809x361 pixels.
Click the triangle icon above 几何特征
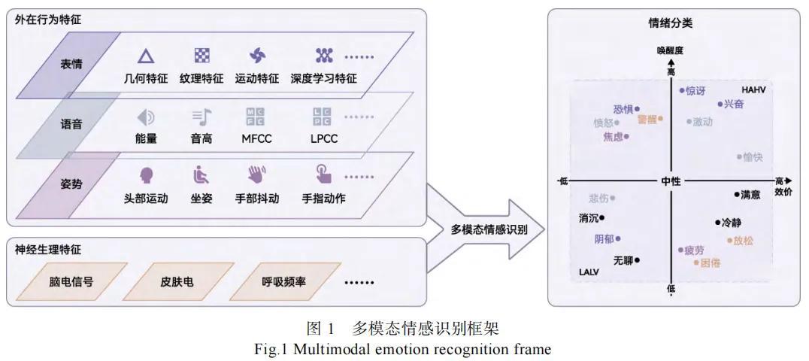[146, 55]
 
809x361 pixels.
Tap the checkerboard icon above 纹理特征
[201, 55]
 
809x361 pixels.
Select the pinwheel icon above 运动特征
[257, 55]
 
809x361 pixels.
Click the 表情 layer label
[71, 64]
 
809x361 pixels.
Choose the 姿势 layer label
[71, 184]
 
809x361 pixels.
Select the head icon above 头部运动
[146, 175]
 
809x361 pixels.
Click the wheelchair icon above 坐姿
[201, 175]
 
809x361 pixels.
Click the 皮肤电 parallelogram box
[177, 282]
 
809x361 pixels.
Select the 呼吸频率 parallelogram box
[283, 282]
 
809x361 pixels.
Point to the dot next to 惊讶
[682, 91]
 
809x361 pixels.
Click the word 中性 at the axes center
[671, 181]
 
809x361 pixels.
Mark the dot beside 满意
[736, 194]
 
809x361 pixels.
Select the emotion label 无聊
[623, 260]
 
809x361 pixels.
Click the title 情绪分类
[671, 23]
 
